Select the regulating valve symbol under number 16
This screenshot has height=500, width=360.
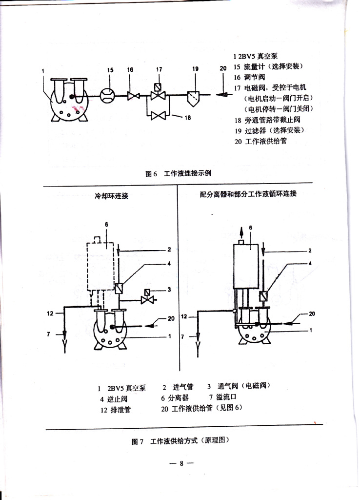[x=131, y=96]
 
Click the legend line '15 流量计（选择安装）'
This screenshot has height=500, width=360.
[x=266, y=67]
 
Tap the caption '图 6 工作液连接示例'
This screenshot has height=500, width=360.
[x=178, y=173]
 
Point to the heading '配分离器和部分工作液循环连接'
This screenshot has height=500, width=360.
[x=248, y=194]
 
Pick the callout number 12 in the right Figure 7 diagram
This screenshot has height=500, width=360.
[x=184, y=317]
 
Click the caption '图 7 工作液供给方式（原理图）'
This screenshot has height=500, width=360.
[x=180, y=440]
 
